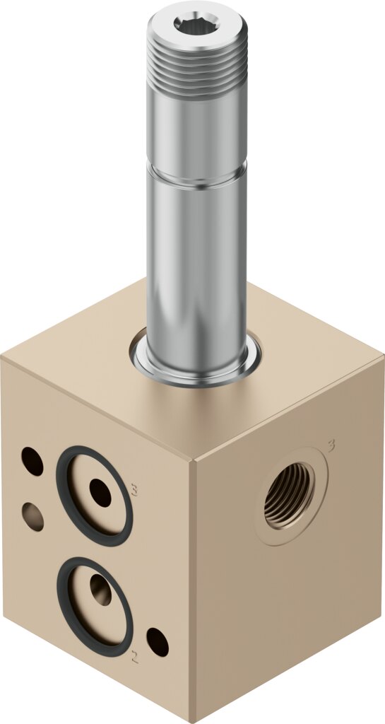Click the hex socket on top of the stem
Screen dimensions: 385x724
click(x=196, y=23)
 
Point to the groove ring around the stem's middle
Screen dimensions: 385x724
click(x=197, y=175)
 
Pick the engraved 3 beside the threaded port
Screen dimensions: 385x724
click(x=331, y=445)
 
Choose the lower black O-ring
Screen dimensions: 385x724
click(x=95, y=606)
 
